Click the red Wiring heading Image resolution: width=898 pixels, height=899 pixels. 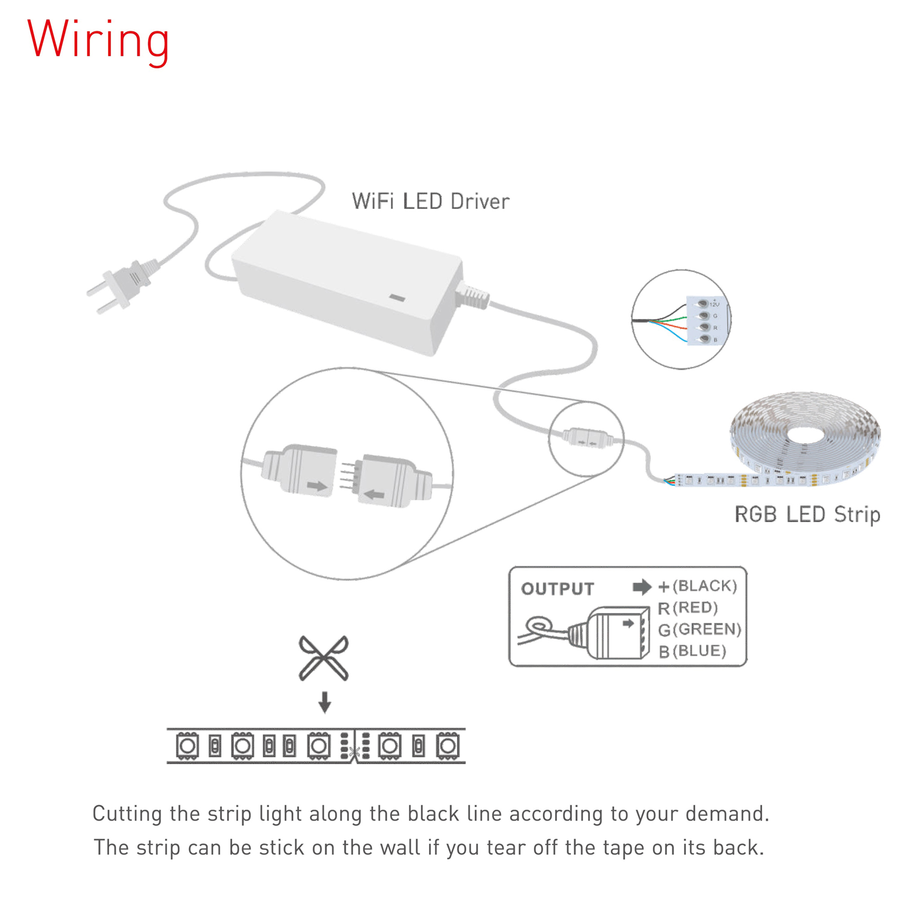tap(98, 41)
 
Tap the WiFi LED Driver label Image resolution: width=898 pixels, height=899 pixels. tap(430, 201)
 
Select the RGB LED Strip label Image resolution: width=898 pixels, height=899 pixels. tap(807, 514)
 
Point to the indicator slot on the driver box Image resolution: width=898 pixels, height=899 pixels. tap(397, 298)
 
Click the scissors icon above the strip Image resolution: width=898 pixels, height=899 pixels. tap(323, 658)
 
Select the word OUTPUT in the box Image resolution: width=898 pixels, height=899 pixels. tap(557, 589)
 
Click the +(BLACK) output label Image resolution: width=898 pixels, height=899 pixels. tap(697, 586)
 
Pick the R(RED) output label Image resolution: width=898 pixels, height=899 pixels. tap(688, 608)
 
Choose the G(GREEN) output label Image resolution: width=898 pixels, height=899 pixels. tap(699, 629)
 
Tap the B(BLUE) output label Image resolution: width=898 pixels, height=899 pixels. tap(692, 651)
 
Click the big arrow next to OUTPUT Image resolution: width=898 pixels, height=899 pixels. tap(642, 587)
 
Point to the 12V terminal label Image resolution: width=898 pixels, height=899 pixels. tap(714, 304)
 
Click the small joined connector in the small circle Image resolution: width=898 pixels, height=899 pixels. tap(585, 437)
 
